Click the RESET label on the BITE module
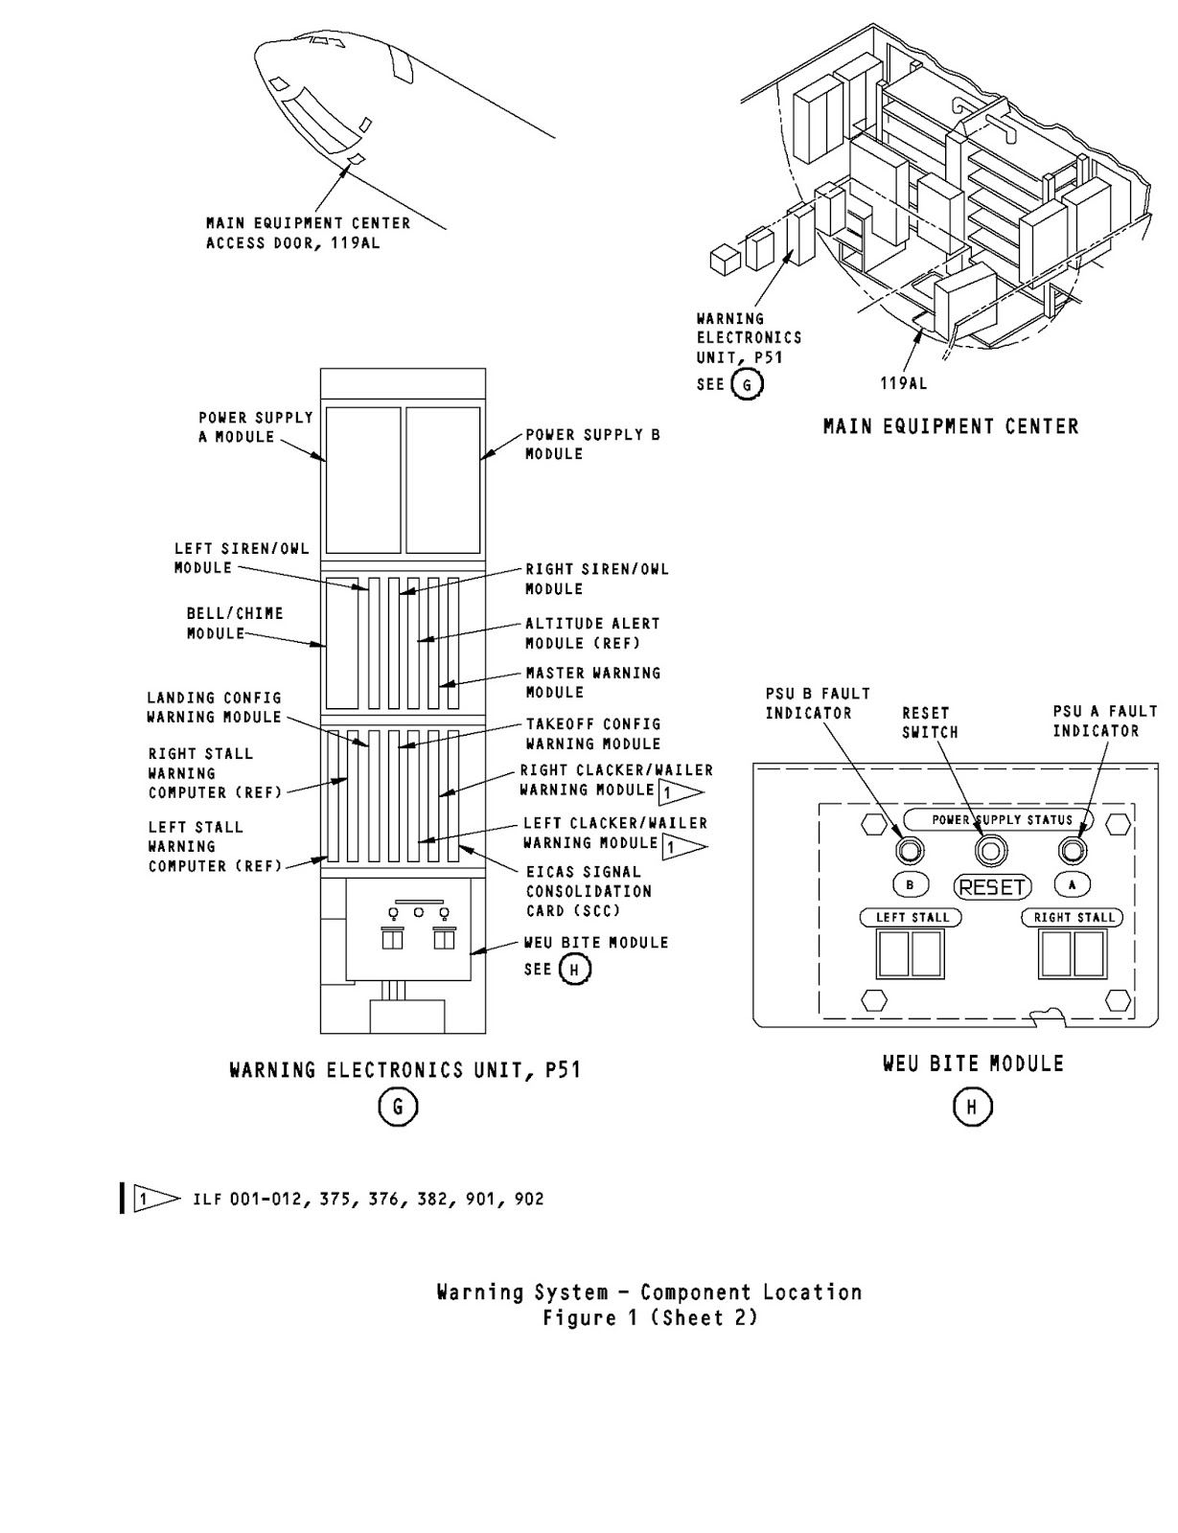point(992,887)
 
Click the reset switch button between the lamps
point(990,850)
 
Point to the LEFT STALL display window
point(911,953)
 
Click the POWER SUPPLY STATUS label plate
point(1002,820)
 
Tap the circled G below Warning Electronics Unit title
point(398,1108)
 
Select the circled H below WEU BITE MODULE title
point(971,1108)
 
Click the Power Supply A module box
point(362,480)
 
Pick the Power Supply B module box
point(443,480)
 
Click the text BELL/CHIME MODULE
point(234,623)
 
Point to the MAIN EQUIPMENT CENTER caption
point(950,427)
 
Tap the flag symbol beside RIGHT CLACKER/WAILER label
point(680,791)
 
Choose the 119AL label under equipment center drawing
point(903,383)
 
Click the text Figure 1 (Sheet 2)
point(650,1318)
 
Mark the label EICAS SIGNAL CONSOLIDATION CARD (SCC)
point(588,891)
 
